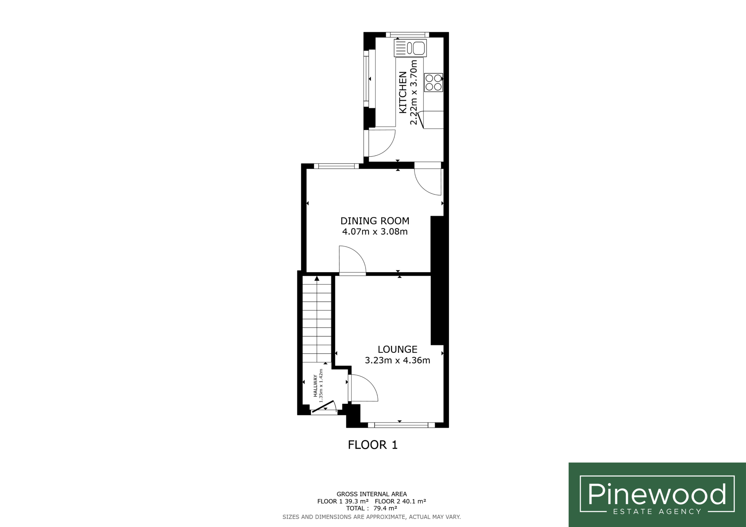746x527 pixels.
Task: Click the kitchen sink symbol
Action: tap(410, 48)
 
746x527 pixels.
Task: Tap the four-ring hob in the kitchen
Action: tap(433, 82)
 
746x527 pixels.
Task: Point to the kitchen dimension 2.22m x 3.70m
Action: tap(414, 92)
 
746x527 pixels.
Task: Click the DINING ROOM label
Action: tap(375, 221)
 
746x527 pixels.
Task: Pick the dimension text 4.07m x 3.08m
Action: tap(375, 231)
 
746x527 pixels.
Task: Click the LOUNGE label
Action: tap(397, 349)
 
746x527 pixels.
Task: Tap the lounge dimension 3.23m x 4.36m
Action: tap(397, 360)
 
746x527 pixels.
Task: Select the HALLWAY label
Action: tap(315, 386)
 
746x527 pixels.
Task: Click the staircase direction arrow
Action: tap(317, 278)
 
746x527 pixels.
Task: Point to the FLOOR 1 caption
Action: tap(373, 445)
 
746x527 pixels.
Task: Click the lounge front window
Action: tap(401, 425)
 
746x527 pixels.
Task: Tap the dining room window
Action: tap(336, 166)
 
